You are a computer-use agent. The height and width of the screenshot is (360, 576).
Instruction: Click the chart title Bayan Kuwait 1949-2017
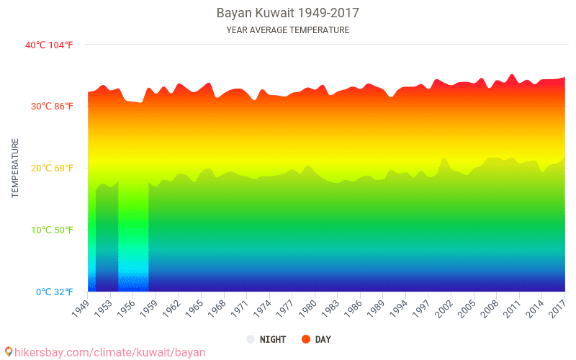[x=287, y=13]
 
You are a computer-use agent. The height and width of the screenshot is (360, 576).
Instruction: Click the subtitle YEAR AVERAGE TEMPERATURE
[x=287, y=30]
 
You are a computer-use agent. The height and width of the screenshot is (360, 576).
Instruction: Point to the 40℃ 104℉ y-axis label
[x=49, y=45]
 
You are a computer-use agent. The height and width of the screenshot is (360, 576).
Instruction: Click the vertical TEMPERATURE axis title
[x=15, y=168]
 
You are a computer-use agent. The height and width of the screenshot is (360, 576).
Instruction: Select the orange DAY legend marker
[x=305, y=339]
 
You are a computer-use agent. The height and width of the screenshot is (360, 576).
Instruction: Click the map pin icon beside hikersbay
[x=9, y=351]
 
